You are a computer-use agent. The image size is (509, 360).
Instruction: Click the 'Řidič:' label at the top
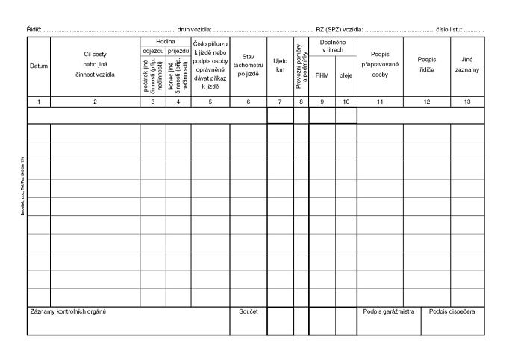tap(34, 29)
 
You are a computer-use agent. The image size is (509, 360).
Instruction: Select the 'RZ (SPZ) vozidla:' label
tap(340, 29)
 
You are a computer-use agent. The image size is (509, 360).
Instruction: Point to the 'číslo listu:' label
tap(450, 29)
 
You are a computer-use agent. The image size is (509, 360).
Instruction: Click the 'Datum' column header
tap(38, 66)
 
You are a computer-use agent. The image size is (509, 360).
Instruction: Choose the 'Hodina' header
tap(166, 41)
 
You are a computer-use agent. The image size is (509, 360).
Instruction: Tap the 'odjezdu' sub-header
tap(152, 51)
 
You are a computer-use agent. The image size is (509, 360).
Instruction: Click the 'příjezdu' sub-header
tap(178, 51)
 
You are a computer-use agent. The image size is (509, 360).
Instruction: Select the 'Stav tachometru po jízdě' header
tap(249, 65)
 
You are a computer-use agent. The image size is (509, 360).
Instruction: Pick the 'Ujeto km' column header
tap(280, 65)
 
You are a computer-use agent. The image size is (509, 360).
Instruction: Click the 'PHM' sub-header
tap(322, 75)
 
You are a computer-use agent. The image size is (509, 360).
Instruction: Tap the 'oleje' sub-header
tap(346, 75)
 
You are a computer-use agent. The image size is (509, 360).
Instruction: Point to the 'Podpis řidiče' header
tap(427, 65)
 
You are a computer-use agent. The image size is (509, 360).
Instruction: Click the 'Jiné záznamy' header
tap(467, 65)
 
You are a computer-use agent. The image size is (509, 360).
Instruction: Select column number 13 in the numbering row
tap(467, 101)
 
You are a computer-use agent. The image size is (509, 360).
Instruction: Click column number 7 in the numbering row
tap(280, 101)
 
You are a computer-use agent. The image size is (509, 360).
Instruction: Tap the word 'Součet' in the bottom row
tap(248, 311)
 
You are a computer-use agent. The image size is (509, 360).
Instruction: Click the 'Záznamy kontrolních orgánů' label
tap(68, 311)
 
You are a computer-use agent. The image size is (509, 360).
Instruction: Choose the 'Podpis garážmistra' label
tap(388, 311)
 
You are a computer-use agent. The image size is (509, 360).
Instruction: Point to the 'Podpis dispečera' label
tap(452, 311)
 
